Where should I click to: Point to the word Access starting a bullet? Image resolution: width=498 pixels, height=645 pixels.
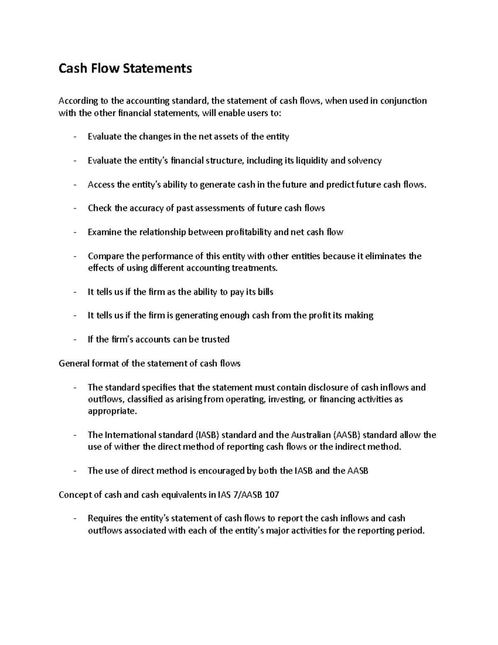pos(101,185)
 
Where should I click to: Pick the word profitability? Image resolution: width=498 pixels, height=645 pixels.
pos(248,232)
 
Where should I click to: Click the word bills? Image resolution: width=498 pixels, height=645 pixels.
pos(265,292)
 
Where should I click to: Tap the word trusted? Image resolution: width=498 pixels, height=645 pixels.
pos(215,340)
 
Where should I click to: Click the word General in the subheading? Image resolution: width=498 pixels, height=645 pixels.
pos(73,364)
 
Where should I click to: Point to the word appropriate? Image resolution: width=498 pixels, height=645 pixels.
pos(112,412)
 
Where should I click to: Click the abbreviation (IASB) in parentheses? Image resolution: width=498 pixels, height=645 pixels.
pos(207,435)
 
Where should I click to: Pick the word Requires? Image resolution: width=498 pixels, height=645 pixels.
pos(105,519)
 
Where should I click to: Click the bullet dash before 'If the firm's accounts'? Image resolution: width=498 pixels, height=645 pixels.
pos(75,340)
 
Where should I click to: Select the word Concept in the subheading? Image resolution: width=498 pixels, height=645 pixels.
pos(74,495)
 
